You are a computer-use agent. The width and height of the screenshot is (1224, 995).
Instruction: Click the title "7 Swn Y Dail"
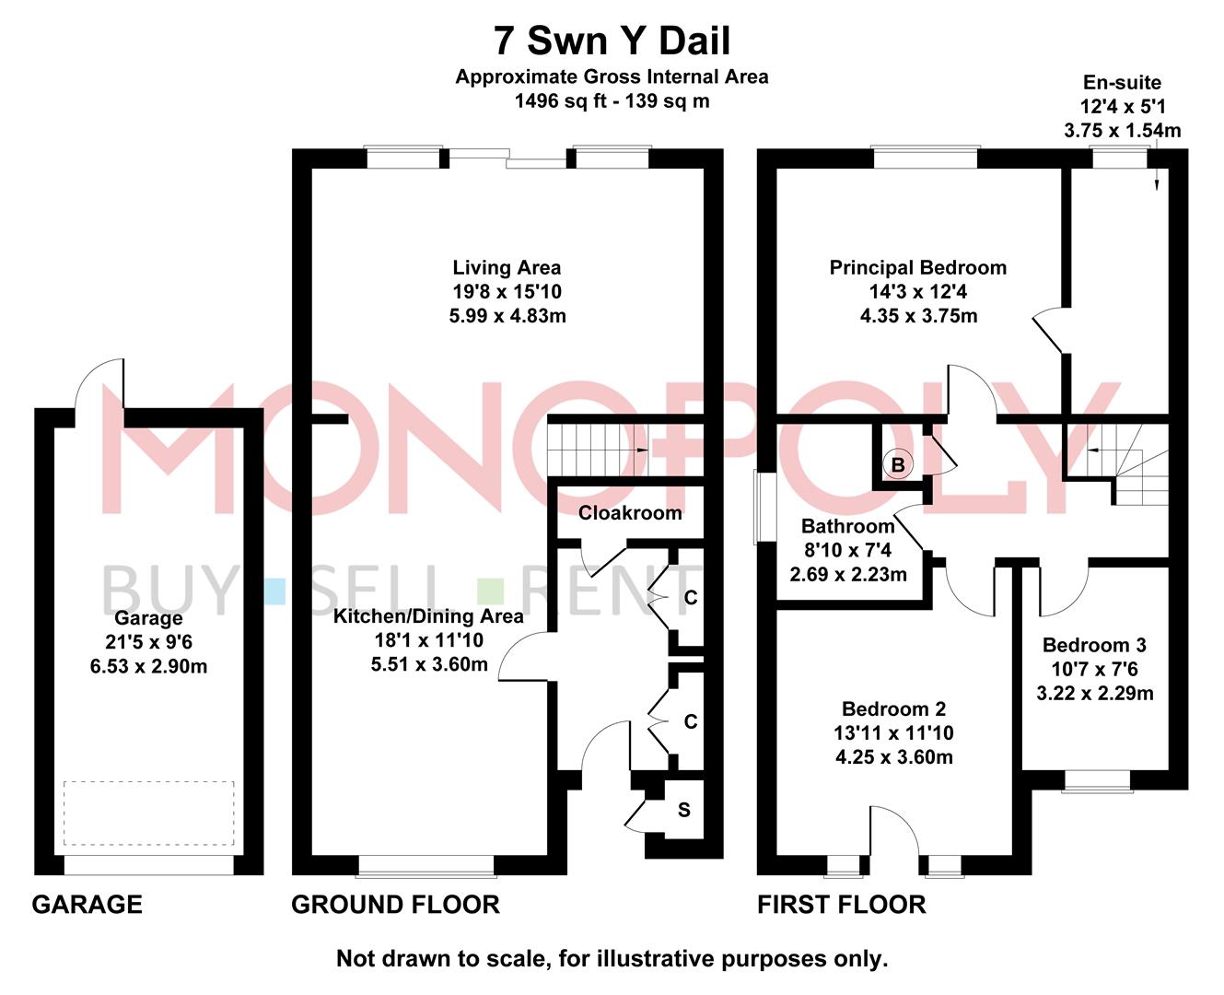click(x=612, y=41)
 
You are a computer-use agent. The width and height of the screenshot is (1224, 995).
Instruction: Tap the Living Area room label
click(x=507, y=268)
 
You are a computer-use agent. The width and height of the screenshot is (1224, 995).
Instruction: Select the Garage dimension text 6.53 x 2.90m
click(x=148, y=666)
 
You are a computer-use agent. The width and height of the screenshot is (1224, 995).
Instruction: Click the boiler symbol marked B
click(x=897, y=464)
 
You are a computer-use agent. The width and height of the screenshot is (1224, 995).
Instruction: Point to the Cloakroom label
click(x=630, y=513)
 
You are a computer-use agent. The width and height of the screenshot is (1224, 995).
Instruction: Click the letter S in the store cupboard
click(x=683, y=811)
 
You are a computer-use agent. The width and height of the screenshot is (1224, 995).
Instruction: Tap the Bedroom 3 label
click(x=1094, y=645)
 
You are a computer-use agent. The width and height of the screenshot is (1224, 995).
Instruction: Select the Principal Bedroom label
click(x=917, y=268)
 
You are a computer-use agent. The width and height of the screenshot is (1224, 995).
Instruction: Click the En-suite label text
click(x=1122, y=83)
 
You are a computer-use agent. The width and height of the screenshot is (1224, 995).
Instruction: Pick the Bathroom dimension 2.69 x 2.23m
click(x=848, y=575)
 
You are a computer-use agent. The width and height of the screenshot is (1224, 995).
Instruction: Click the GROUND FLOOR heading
click(x=395, y=905)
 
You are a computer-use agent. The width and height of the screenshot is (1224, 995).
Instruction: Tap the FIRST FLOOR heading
click(x=841, y=905)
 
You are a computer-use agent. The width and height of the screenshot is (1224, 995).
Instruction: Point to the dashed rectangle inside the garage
click(x=148, y=813)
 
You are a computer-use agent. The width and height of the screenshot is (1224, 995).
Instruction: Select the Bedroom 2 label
click(x=893, y=709)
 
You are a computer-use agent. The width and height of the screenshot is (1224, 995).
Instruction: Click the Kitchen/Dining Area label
click(x=428, y=616)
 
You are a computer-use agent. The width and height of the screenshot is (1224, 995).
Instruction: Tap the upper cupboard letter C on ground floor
click(x=691, y=598)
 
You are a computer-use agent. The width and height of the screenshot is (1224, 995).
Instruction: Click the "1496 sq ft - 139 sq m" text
click(x=612, y=101)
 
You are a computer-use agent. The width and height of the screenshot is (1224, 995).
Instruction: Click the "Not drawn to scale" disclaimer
click(x=612, y=959)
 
